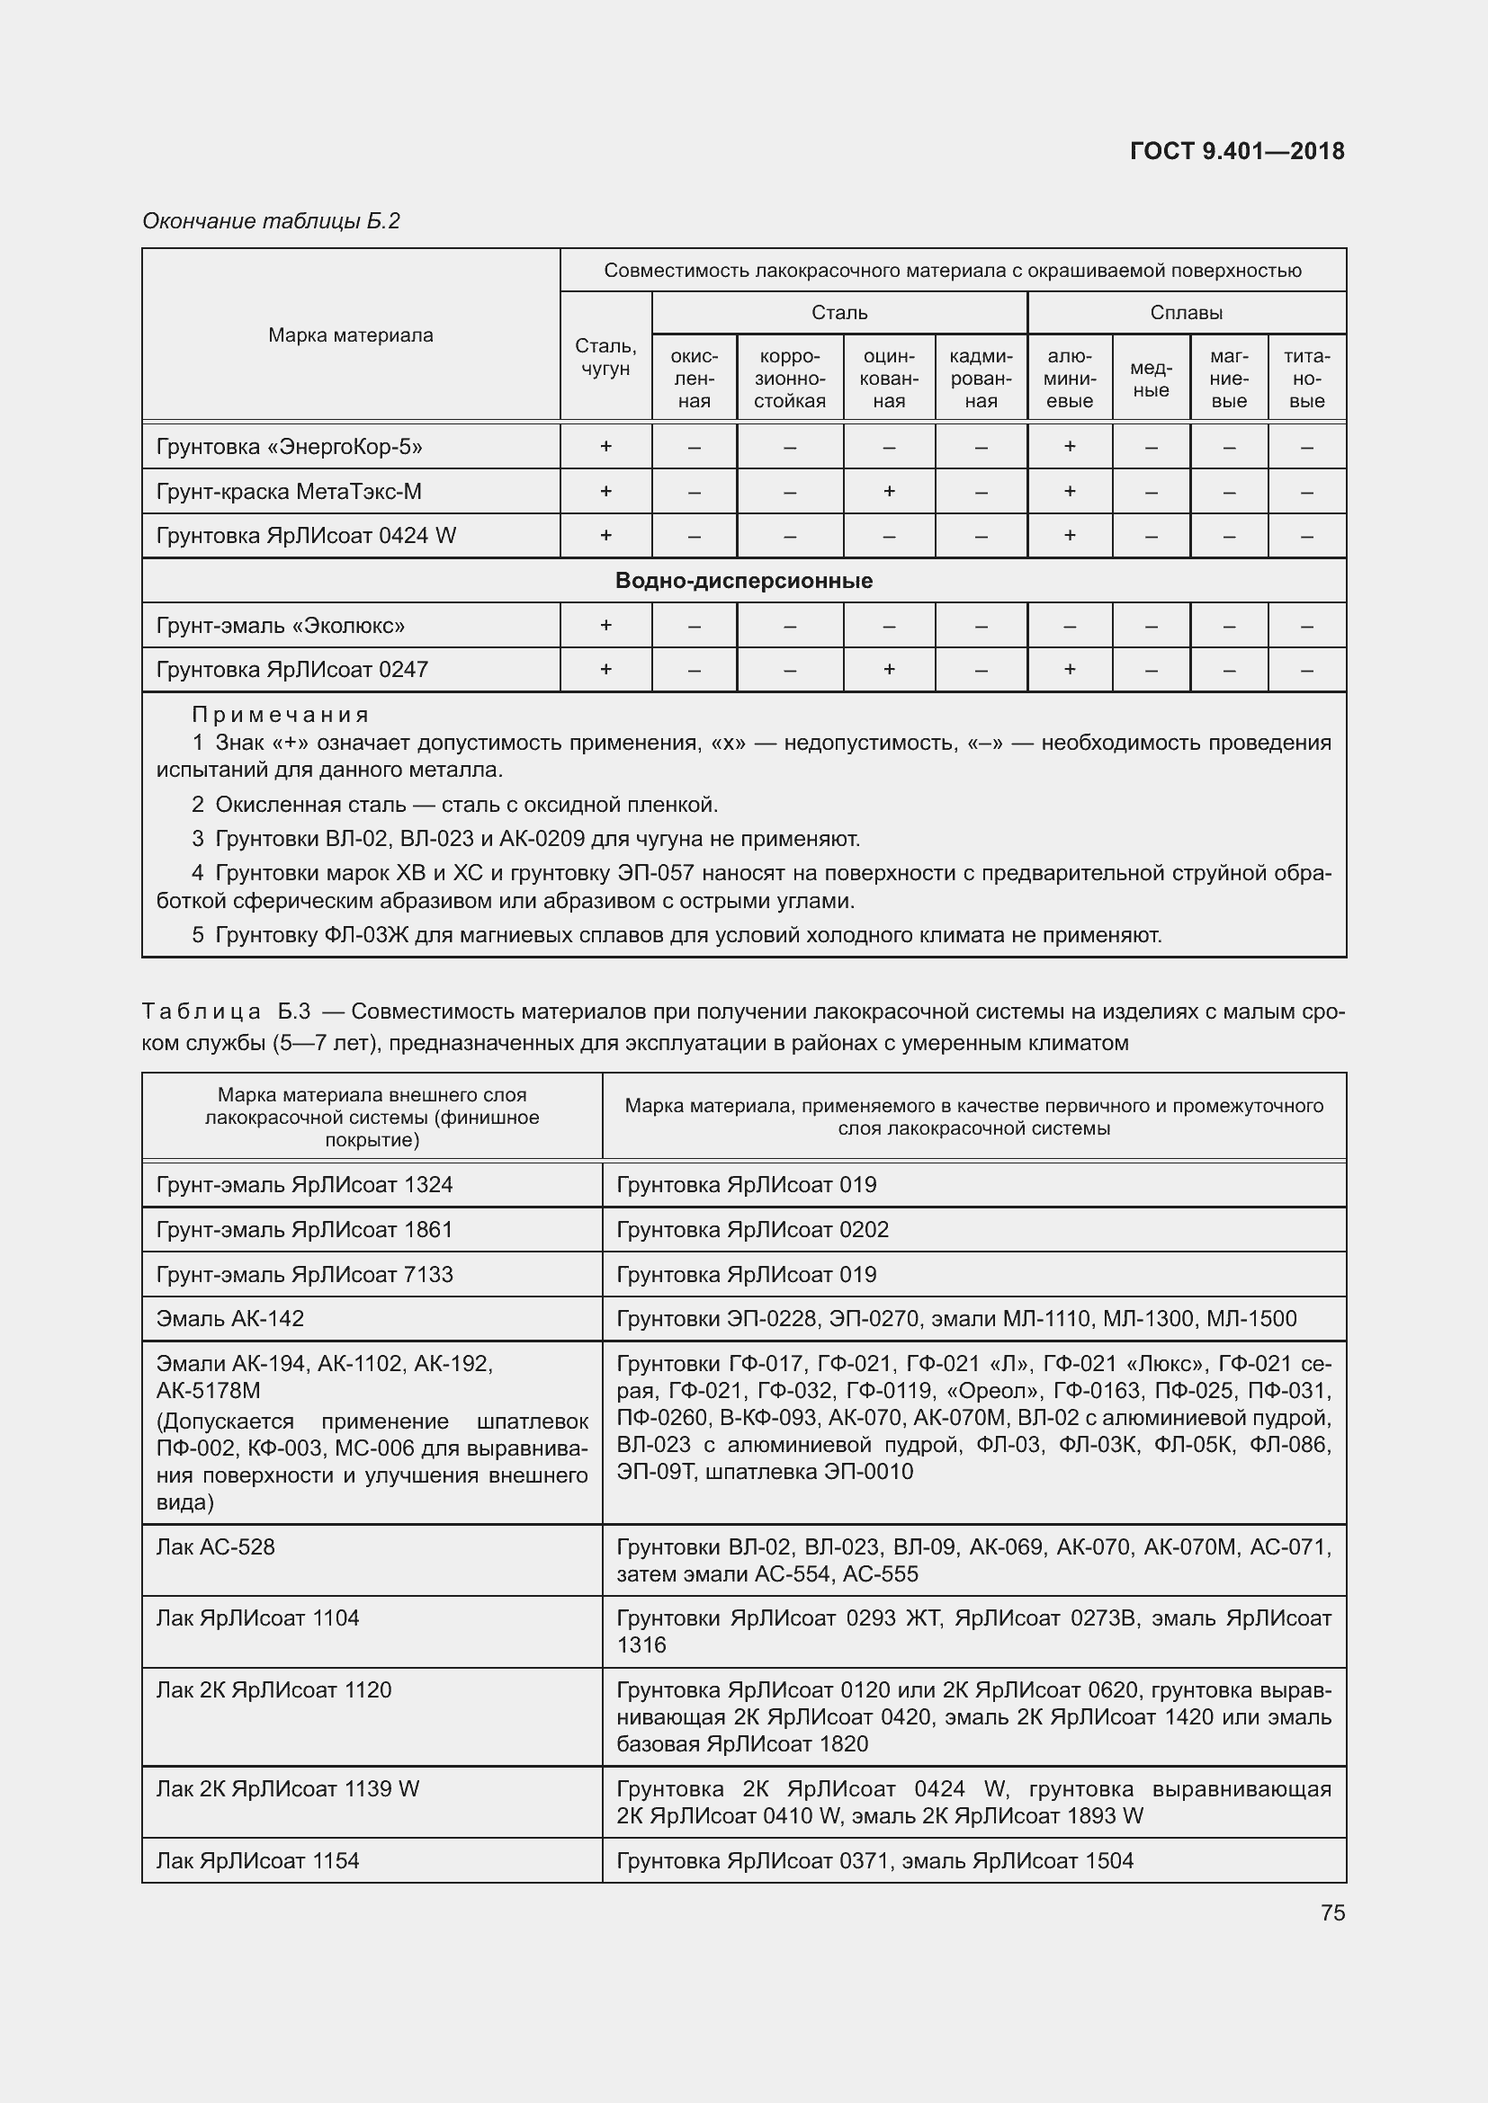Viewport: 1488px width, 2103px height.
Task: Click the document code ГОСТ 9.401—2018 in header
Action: click(1236, 151)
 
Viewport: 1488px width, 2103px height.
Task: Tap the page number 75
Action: click(1332, 1912)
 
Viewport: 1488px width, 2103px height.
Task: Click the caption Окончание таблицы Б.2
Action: click(271, 221)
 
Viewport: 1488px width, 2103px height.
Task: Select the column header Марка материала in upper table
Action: click(350, 335)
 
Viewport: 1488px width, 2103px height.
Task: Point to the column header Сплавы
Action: click(1186, 312)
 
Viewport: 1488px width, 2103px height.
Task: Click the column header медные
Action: click(1151, 379)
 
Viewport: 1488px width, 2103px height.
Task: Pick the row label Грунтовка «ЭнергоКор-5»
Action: click(290, 447)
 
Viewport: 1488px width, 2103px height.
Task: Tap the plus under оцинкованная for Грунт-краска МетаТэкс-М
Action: click(888, 491)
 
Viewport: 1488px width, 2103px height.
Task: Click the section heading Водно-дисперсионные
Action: click(743, 581)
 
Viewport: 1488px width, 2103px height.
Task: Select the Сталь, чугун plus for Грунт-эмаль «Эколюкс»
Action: click(605, 625)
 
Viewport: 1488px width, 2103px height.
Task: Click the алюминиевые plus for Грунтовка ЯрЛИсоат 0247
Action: click(1070, 670)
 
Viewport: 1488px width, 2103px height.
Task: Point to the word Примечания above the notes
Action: click(280, 715)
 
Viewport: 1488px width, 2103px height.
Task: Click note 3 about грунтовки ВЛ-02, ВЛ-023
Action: click(526, 839)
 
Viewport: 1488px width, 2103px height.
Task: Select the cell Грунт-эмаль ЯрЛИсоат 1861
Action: click(304, 1229)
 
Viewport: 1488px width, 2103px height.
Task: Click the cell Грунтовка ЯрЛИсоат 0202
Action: click(752, 1229)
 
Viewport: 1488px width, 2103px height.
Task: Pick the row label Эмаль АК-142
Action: click(230, 1318)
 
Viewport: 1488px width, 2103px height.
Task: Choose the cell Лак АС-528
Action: click(215, 1547)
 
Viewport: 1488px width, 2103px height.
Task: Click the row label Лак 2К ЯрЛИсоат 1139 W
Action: click(287, 1789)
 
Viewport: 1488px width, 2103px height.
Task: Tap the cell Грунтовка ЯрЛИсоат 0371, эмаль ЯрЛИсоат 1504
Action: click(874, 1860)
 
